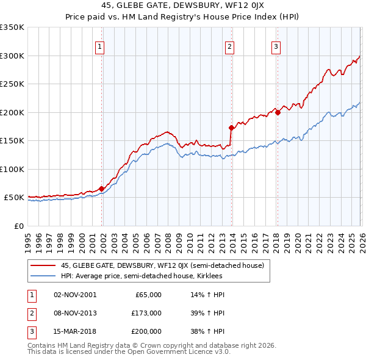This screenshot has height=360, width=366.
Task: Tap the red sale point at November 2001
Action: coord(101,189)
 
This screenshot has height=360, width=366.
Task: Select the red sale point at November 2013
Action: coord(231,128)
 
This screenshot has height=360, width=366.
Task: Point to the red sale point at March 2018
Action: coord(278,112)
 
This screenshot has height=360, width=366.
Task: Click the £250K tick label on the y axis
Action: coord(12,84)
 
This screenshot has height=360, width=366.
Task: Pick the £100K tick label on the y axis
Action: coord(12,169)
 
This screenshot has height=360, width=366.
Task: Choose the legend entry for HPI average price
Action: coord(142,276)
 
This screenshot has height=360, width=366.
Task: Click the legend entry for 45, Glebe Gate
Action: coord(162,265)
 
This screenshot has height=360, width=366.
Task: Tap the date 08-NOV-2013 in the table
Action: coord(75,313)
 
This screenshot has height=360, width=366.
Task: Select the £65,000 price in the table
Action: coord(146,295)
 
